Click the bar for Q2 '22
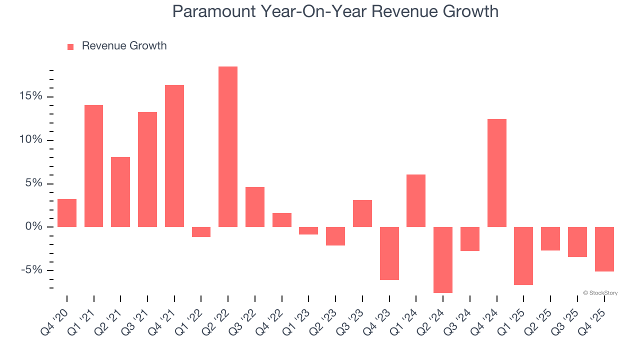tap(228, 146)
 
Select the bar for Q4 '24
tap(497, 173)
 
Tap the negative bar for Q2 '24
tap(443, 260)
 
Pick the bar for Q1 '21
tap(93, 166)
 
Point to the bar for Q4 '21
tap(174, 156)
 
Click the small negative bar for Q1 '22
tap(201, 232)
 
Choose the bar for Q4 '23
tap(389, 253)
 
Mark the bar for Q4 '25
tap(604, 249)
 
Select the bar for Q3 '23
tap(362, 213)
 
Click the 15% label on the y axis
tap(31, 96)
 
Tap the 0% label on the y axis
tap(34, 227)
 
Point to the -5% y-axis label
tap(32, 270)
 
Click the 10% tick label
tap(31, 140)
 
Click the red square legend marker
tap(70, 46)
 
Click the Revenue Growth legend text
tap(124, 46)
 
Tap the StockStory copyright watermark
tap(600, 293)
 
